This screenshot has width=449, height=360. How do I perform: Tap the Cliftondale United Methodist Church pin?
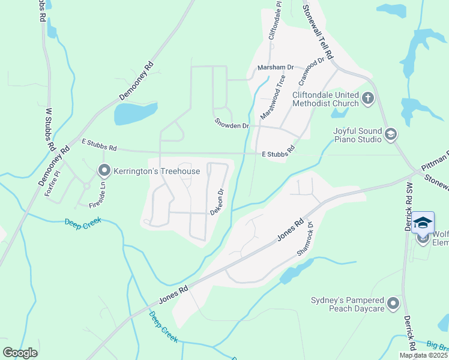(x=368, y=97)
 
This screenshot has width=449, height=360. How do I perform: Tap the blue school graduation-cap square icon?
(x=423, y=222)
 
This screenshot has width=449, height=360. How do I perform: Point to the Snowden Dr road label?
(x=232, y=123)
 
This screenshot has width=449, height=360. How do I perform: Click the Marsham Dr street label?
(x=275, y=68)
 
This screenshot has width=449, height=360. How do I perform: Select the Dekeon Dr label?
(x=217, y=202)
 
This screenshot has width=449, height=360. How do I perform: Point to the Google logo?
(x=20, y=353)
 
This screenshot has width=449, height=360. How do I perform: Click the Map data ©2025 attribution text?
(x=423, y=355)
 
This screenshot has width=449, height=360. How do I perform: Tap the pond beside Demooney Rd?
(x=135, y=113)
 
